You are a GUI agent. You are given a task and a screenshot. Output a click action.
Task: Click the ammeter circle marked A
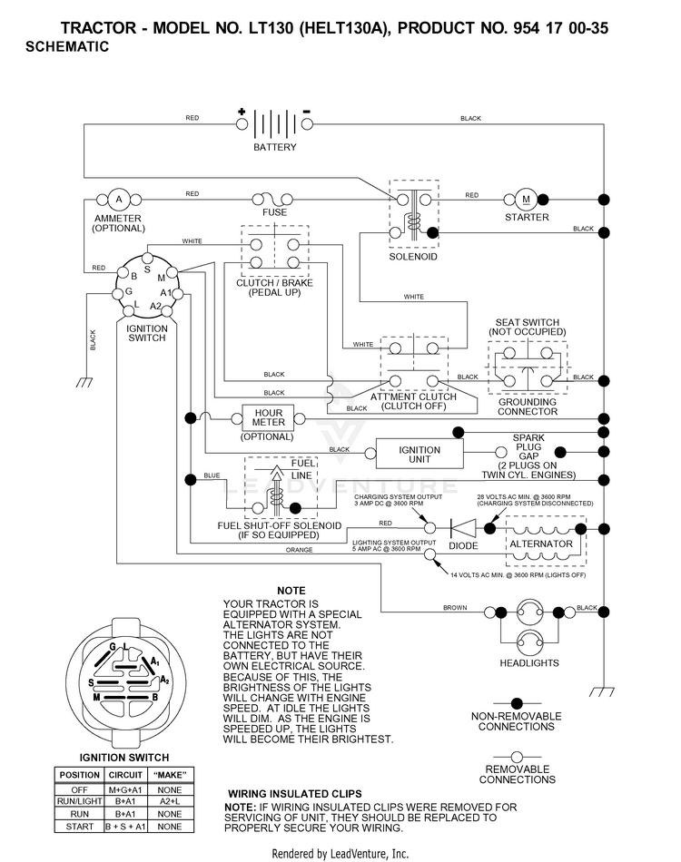point(119,200)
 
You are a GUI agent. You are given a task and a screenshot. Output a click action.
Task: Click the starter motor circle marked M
point(526,200)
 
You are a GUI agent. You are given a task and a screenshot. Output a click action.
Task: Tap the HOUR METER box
point(269,417)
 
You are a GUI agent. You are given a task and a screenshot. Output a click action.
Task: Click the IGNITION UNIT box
point(419,454)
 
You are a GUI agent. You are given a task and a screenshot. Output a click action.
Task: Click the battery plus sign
point(242,112)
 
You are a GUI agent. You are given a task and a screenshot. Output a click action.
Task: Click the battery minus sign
point(307,113)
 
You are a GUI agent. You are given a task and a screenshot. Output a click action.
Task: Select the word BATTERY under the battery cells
point(275,147)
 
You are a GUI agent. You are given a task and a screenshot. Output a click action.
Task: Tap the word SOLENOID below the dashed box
point(413,257)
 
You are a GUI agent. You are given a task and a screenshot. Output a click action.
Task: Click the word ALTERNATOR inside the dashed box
point(541,544)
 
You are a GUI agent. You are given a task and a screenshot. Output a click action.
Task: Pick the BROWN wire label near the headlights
point(455,607)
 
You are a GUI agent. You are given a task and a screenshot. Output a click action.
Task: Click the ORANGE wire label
point(300,550)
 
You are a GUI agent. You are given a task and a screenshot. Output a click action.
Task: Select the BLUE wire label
point(212,475)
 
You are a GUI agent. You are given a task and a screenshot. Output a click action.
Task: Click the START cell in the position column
point(80,827)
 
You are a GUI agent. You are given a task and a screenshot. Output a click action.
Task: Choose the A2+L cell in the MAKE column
point(170,801)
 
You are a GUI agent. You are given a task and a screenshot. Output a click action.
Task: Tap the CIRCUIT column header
point(125,775)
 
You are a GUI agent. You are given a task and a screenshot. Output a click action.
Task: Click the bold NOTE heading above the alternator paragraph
point(291,591)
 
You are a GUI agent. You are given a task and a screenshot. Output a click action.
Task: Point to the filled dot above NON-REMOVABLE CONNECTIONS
point(517,703)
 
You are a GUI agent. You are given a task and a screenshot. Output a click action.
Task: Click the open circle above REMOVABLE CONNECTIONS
point(517,757)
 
